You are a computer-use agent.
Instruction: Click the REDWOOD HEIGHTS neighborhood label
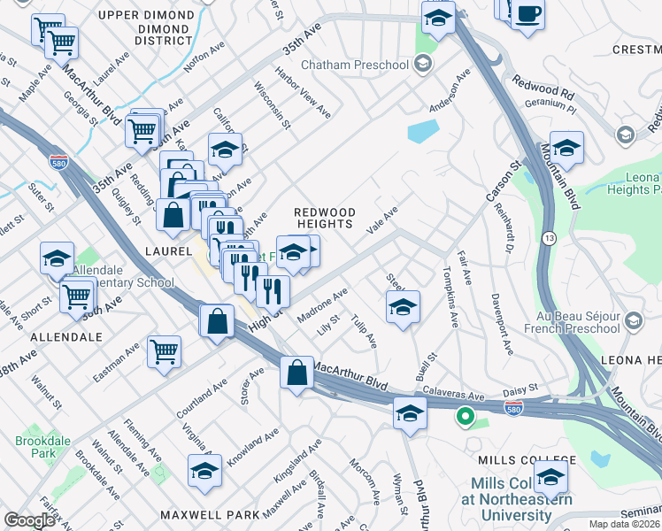(x=325, y=219)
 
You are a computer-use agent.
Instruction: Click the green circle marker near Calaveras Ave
(x=465, y=415)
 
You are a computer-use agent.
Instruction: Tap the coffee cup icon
(x=528, y=15)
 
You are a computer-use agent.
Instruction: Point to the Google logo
(x=29, y=520)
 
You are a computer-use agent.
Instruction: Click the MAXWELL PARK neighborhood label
(x=210, y=514)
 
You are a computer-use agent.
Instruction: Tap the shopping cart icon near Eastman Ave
(x=165, y=353)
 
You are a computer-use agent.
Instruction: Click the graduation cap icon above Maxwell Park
(x=204, y=471)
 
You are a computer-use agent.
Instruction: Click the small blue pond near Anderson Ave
(x=423, y=132)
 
